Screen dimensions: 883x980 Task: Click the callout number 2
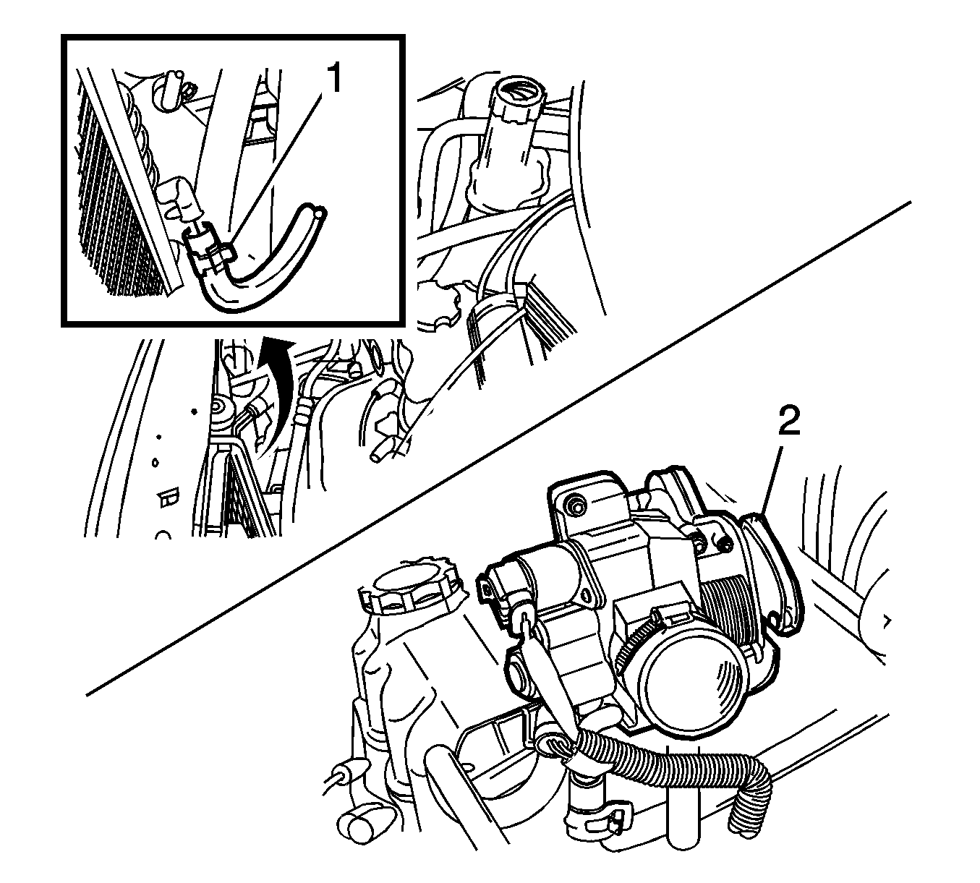coord(788,422)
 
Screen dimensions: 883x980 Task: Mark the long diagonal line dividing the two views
coord(499,448)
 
